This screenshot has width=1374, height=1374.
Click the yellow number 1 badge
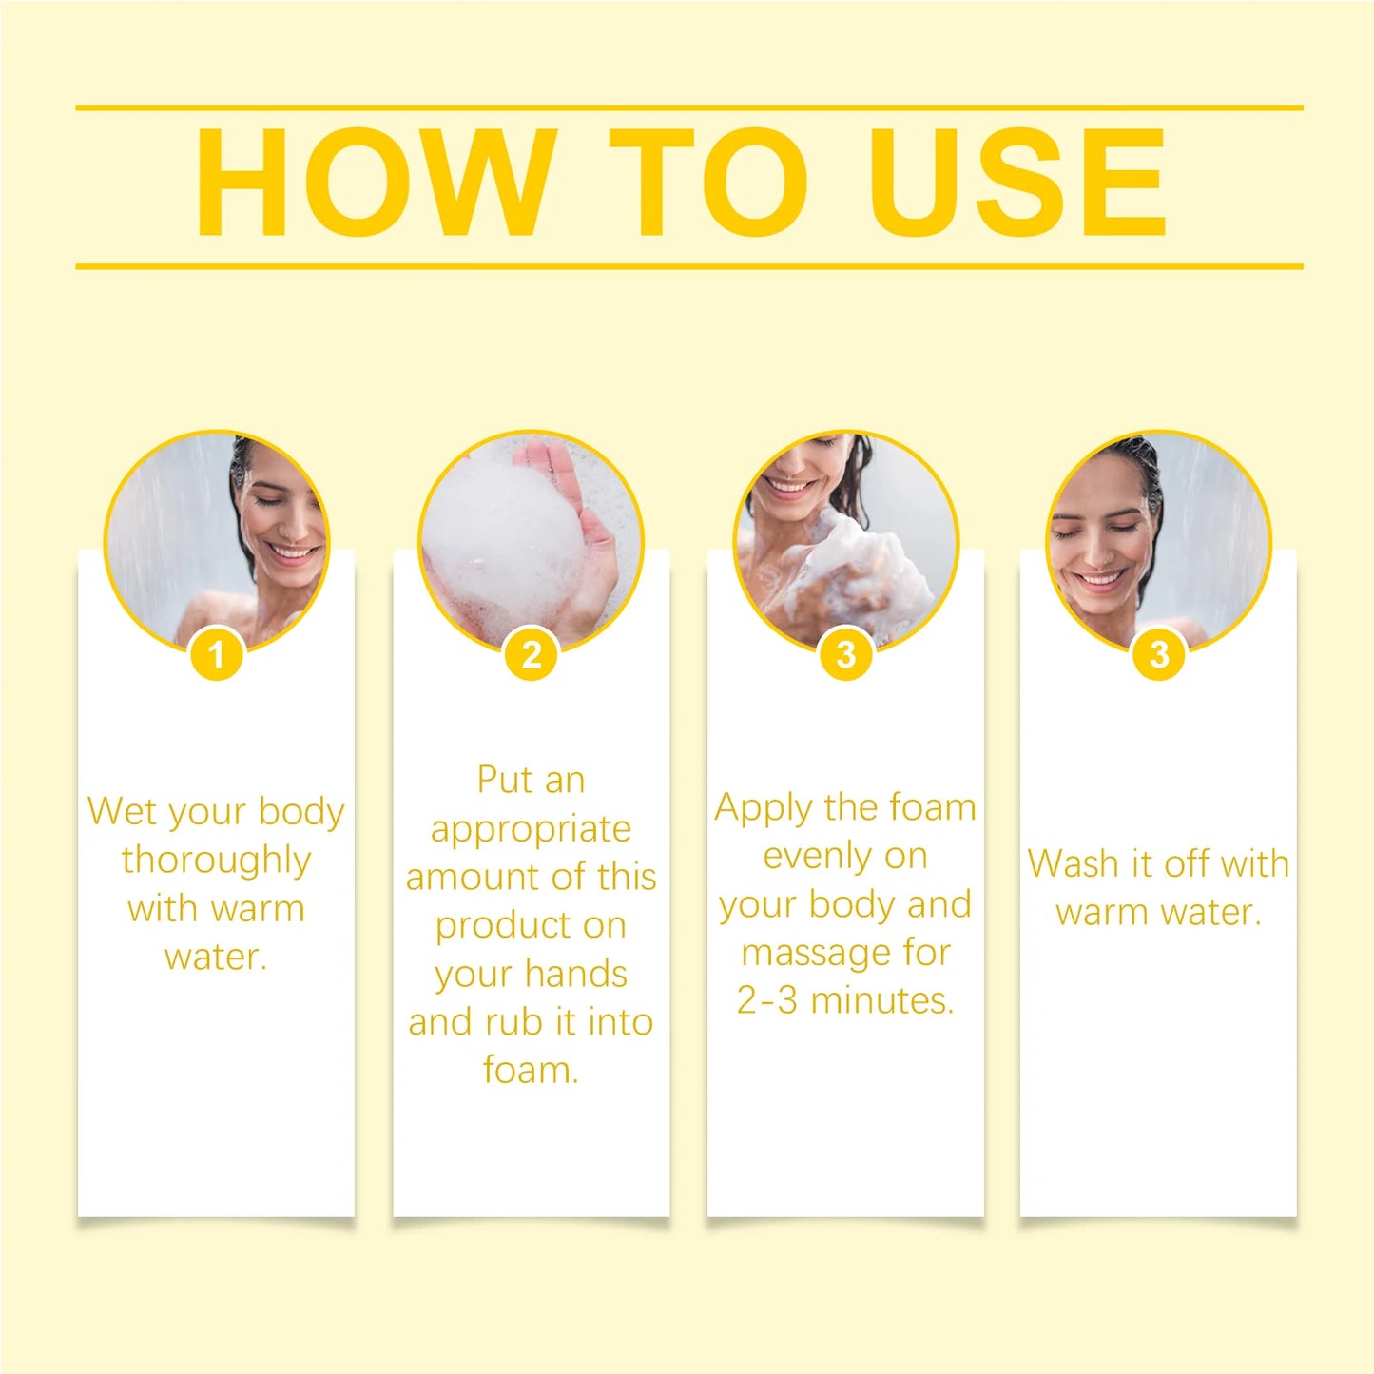[x=217, y=654]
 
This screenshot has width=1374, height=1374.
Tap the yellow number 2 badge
[x=532, y=654]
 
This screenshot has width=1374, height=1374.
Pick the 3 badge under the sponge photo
[x=845, y=654]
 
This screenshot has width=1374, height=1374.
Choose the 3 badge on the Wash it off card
[x=1158, y=654]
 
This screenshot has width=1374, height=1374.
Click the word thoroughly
[x=216, y=861]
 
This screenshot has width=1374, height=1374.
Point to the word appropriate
[x=531, y=830]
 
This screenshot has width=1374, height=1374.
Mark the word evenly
[x=817, y=857]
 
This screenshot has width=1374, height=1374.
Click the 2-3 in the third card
[x=766, y=1000]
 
